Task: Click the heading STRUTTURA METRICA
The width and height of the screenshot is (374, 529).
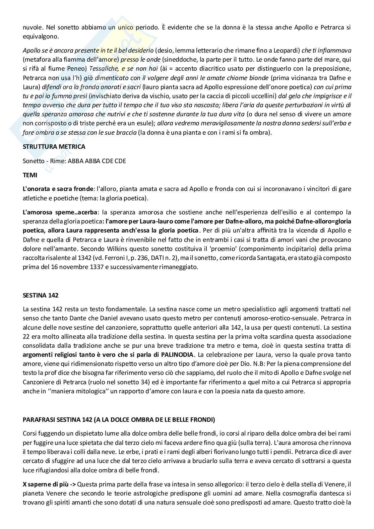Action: pyautogui.click(x=54, y=146)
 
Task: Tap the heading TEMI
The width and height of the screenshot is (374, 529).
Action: pyautogui.click(x=30, y=175)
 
